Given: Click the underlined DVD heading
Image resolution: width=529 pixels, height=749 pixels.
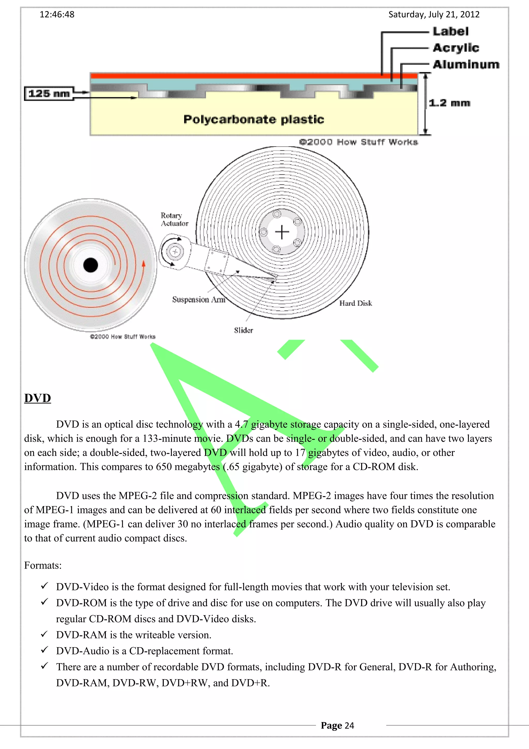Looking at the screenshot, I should (37, 398).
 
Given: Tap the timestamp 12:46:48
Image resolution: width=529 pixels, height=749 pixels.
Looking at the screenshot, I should (57, 15).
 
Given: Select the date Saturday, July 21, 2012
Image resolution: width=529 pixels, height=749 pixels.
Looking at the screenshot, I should (434, 15).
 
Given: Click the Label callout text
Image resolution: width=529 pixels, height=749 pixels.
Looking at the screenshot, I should (450, 32).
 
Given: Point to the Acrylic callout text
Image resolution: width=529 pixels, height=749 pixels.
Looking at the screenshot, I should (456, 48).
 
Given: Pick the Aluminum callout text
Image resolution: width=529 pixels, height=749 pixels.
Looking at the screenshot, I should (466, 65).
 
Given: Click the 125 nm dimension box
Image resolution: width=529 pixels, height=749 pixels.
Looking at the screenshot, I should (49, 94).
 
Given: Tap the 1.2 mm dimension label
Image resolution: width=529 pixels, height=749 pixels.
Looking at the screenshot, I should (449, 103).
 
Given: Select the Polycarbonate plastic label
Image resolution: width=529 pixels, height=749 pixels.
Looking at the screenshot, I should (254, 119).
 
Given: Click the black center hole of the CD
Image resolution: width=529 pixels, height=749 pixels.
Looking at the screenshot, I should (91, 265).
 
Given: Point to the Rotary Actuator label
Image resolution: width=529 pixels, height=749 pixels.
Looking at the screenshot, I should (174, 219).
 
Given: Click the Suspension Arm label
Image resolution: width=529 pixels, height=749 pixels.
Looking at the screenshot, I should (198, 300).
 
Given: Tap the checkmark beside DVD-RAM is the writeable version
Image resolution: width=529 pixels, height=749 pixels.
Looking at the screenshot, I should (44, 634).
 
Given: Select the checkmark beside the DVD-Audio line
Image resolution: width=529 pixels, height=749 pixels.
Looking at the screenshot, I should (44, 650).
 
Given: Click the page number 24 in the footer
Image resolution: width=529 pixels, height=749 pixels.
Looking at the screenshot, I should (349, 725).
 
